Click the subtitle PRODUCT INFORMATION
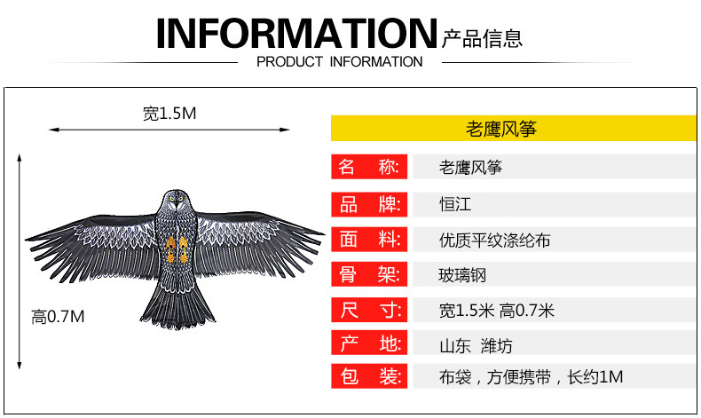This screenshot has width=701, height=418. click(339, 62)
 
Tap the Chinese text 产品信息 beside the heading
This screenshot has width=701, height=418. click(482, 37)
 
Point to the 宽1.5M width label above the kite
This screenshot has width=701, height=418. click(169, 114)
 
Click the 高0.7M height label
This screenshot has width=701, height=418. click(58, 317)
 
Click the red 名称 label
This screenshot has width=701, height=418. click(369, 167)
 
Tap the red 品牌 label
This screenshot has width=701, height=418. click(369, 204)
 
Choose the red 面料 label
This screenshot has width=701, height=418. click(369, 240)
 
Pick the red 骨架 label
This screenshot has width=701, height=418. click(369, 274)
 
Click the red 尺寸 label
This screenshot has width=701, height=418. click(369, 311)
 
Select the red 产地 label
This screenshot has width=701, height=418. click(369, 343)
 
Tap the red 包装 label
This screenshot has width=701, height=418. click(369, 376)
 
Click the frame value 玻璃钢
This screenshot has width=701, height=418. click(463, 275)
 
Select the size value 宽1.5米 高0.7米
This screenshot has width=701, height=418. click(496, 311)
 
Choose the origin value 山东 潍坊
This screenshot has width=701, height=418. click(476, 345)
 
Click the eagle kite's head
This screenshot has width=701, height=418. click(174, 201)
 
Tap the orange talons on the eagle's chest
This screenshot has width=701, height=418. click(174, 247)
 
